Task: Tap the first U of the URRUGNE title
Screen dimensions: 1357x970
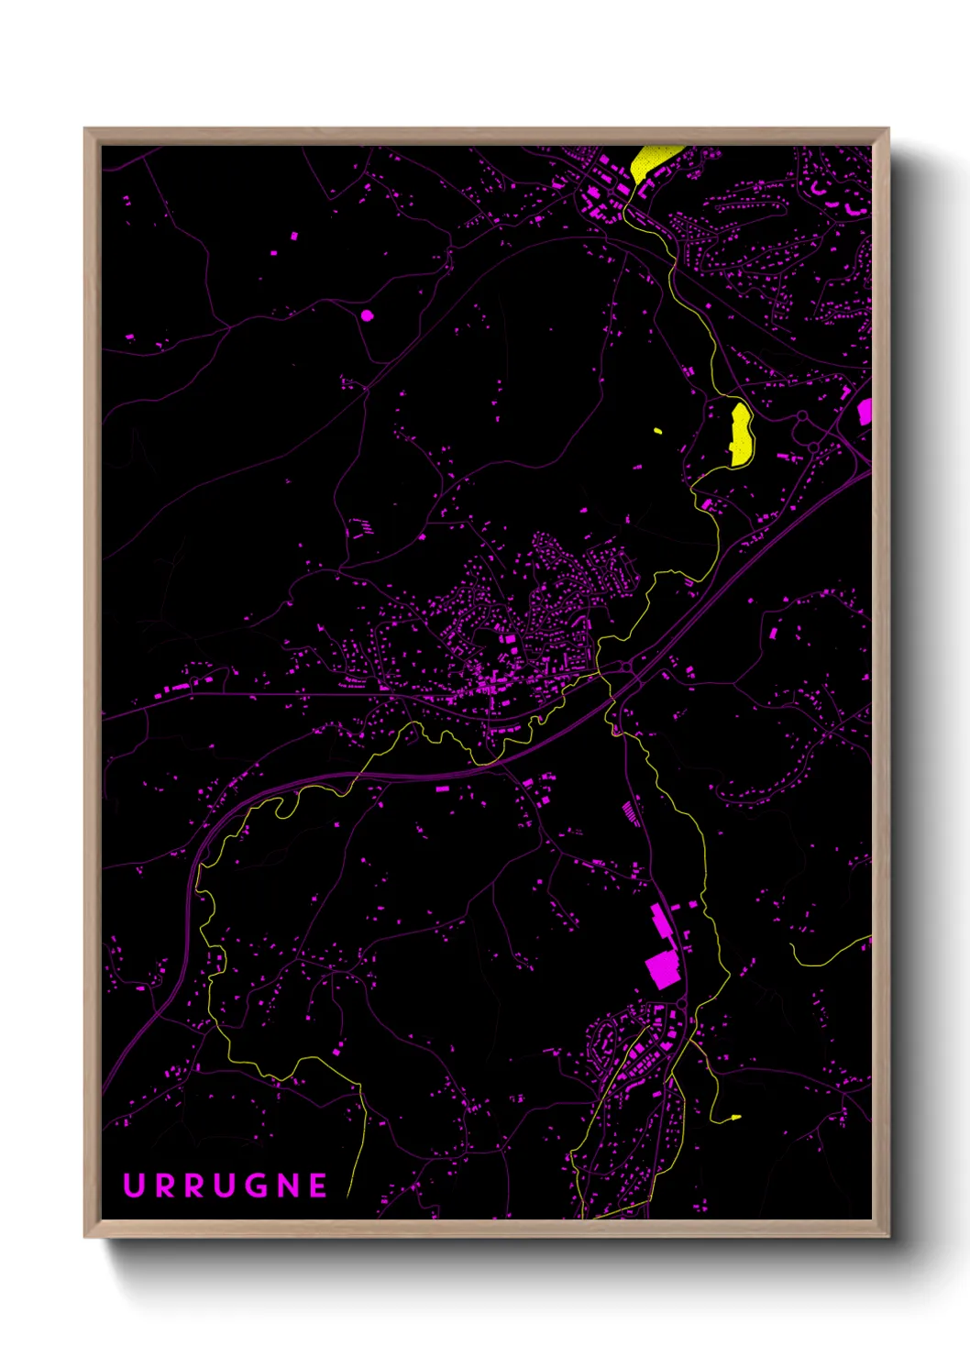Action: pos(133,1186)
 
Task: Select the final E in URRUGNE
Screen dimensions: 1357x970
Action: pos(317,1186)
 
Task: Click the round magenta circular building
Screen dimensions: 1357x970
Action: pos(367,315)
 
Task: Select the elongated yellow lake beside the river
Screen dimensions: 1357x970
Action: pos(740,434)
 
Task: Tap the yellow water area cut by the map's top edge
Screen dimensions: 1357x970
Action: pos(655,160)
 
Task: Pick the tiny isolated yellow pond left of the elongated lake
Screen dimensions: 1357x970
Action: pos(657,430)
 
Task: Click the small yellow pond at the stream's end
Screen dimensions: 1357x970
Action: pos(734,1118)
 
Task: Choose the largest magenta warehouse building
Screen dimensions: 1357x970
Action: pos(662,970)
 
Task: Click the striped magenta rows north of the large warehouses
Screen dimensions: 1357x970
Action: pos(631,812)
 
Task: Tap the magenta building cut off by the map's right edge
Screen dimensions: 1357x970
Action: pos(864,412)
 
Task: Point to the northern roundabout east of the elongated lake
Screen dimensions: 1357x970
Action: pos(802,416)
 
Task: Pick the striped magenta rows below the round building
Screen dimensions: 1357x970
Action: pos(361,526)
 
